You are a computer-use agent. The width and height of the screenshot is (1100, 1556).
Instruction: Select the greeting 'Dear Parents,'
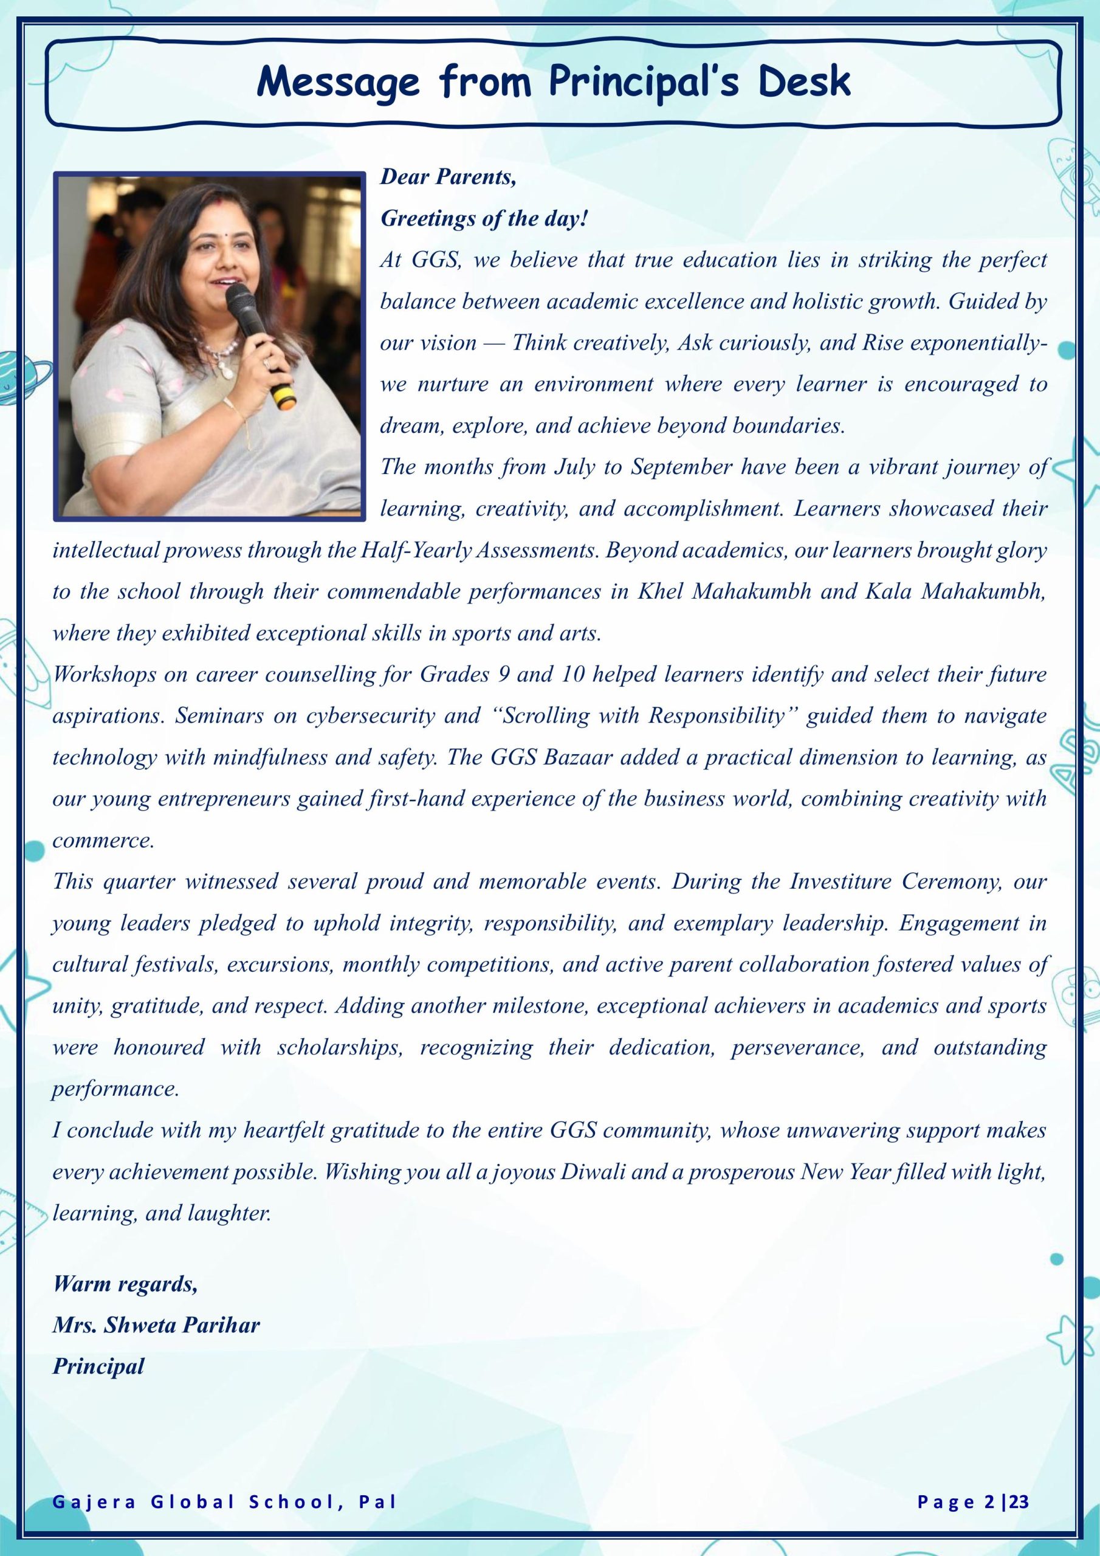click(x=448, y=177)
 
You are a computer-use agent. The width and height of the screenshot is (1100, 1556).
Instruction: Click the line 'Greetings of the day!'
click(x=484, y=219)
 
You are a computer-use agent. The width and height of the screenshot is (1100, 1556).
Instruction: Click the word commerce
click(x=104, y=841)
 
